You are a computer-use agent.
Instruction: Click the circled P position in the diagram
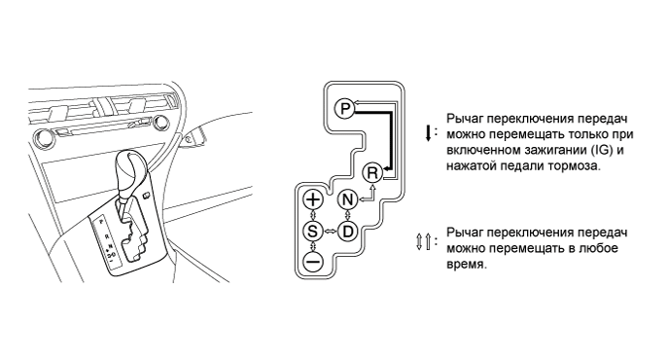344,108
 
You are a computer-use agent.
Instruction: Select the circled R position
372,173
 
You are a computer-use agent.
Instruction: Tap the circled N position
348,199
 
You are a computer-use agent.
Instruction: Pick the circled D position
348,232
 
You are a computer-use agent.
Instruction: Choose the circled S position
313,232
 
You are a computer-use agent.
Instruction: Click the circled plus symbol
313,199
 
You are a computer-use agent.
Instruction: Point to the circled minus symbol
313,261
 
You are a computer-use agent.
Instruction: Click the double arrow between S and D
331,232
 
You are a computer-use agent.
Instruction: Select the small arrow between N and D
348,216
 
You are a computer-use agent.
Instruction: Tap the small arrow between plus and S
313,216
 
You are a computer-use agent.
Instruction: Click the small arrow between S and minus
313,246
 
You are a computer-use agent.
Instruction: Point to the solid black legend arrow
428,133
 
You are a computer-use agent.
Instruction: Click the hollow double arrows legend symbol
423,241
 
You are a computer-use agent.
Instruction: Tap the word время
466,265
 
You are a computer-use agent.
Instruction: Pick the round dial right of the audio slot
161,123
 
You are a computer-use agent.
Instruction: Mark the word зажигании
554,151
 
